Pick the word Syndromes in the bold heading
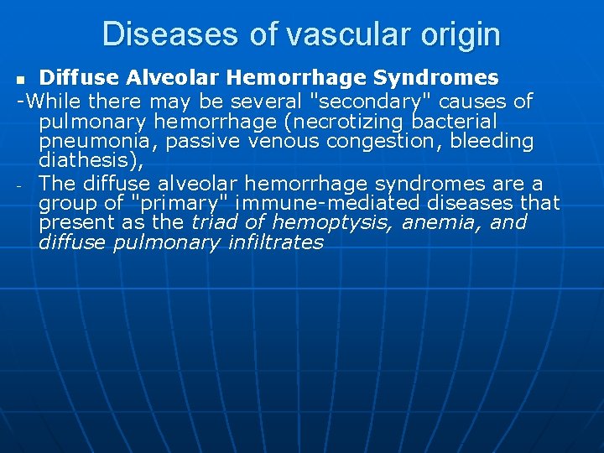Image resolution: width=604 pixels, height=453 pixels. [x=437, y=78]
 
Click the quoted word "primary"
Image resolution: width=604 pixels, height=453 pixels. [x=189, y=203]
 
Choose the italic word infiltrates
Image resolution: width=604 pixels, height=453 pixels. [x=275, y=243]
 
